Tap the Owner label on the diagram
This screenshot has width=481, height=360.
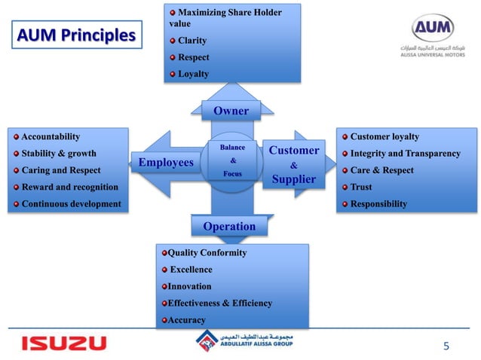pyautogui.click(x=231, y=111)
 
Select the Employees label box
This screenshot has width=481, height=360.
pyautogui.click(x=165, y=161)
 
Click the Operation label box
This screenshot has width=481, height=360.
pyautogui.click(x=229, y=226)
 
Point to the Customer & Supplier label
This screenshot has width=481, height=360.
pyautogui.click(x=293, y=165)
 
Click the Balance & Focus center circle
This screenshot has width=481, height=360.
pyautogui.click(x=232, y=160)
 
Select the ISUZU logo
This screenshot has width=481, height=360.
pyautogui.click(x=63, y=343)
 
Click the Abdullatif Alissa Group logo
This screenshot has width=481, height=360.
pyautogui.click(x=242, y=342)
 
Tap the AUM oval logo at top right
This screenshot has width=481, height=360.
pyautogui.click(x=433, y=30)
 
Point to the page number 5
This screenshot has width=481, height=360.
pyautogui.click(x=446, y=346)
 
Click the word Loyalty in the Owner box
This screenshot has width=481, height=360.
pyautogui.click(x=193, y=74)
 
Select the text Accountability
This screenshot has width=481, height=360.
pyautogui.click(x=51, y=136)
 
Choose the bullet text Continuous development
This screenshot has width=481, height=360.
pyautogui.click(x=71, y=203)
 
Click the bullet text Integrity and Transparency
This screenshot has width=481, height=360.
pyautogui.click(x=405, y=154)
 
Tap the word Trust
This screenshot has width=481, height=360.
pyautogui.click(x=362, y=187)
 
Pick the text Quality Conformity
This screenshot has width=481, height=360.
pyautogui.click(x=207, y=253)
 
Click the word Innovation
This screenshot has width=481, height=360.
pyautogui.click(x=189, y=286)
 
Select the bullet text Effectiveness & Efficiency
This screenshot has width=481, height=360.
pyautogui.click(x=219, y=303)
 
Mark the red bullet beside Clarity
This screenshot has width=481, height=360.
pyautogui.click(x=173, y=41)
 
